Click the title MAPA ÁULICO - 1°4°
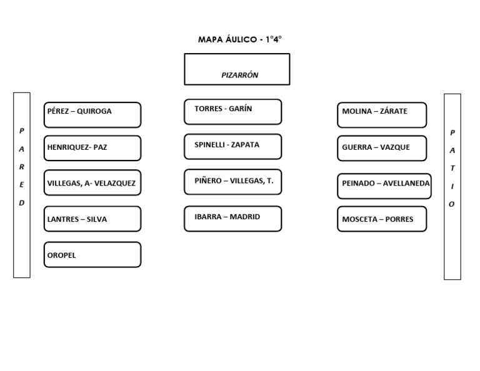240,39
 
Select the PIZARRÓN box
237,69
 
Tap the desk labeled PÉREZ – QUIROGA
92,115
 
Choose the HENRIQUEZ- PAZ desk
92,148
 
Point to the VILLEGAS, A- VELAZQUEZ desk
92,183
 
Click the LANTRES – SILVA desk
92,219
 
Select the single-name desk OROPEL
92,255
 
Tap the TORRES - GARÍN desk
233,112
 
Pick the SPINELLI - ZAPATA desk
233,147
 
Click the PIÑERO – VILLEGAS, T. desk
233,182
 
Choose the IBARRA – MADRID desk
233,219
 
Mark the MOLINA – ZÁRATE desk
382,115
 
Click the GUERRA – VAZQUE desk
382,148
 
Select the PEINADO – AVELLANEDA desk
384,186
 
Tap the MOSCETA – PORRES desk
382,219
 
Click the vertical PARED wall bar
22,185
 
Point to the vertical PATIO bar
452,186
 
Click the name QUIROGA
94,111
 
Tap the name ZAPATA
245,145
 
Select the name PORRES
399,219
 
